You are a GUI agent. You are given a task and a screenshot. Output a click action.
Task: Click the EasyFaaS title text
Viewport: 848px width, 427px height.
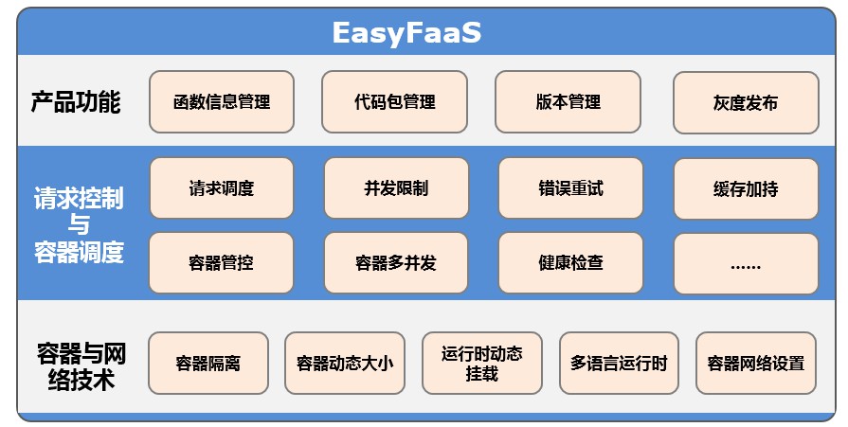click(x=406, y=32)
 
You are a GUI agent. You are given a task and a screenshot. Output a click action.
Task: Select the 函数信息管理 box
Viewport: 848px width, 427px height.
click(x=222, y=101)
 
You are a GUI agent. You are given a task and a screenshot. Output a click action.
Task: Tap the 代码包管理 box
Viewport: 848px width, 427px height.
click(x=395, y=101)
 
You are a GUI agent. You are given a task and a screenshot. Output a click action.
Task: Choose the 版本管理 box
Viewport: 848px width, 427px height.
click(x=568, y=101)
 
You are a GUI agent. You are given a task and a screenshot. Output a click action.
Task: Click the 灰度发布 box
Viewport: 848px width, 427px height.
click(x=746, y=102)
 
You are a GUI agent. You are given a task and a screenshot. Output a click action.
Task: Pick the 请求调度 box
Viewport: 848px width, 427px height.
click(x=222, y=188)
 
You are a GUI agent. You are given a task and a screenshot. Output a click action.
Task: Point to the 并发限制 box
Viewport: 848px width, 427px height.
click(x=396, y=188)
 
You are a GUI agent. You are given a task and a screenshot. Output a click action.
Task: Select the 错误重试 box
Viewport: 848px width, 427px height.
click(x=570, y=188)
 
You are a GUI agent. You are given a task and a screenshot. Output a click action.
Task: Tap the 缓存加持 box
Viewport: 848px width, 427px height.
click(x=746, y=188)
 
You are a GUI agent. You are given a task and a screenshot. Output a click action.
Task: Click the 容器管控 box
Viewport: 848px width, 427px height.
click(x=222, y=262)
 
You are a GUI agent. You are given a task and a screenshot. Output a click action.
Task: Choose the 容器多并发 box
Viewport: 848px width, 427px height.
click(x=396, y=262)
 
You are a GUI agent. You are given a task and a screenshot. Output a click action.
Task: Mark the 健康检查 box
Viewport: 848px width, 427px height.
click(x=570, y=262)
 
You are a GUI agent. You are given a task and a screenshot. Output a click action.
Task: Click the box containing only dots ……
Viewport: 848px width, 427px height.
click(x=746, y=262)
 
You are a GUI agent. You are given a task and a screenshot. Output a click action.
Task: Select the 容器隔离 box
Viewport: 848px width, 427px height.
click(x=208, y=363)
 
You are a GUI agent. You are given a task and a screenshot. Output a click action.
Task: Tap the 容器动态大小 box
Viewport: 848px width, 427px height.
click(x=345, y=363)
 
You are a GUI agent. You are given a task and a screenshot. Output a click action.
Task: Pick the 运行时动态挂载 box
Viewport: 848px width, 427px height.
click(x=481, y=363)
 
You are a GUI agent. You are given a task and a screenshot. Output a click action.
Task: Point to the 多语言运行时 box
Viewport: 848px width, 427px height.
click(x=619, y=363)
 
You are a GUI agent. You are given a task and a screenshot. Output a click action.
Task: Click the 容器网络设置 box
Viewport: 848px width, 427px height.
click(x=755, y=363)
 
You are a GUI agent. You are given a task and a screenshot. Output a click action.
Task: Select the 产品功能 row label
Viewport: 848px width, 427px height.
click(x=76, y=101)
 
